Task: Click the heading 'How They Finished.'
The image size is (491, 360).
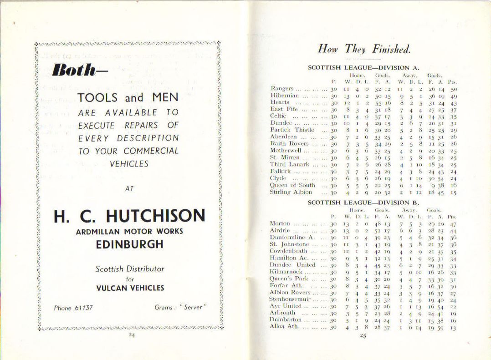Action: coord(364,49)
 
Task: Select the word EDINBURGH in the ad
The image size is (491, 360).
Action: coord(129,244)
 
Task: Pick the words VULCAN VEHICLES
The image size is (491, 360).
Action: coord(130,288)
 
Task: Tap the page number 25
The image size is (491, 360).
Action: coord(363,336)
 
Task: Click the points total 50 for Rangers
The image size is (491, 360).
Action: coord(454,89)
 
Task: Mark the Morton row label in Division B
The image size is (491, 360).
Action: coord(280,223)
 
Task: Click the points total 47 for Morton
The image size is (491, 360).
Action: coord(453,224)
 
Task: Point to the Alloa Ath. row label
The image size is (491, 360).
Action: coord(284,326)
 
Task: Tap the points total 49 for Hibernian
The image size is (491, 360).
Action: coord(454,96)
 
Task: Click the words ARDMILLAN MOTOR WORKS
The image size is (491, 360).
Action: coord(129,231)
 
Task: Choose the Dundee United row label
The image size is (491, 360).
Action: coord(292,264)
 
